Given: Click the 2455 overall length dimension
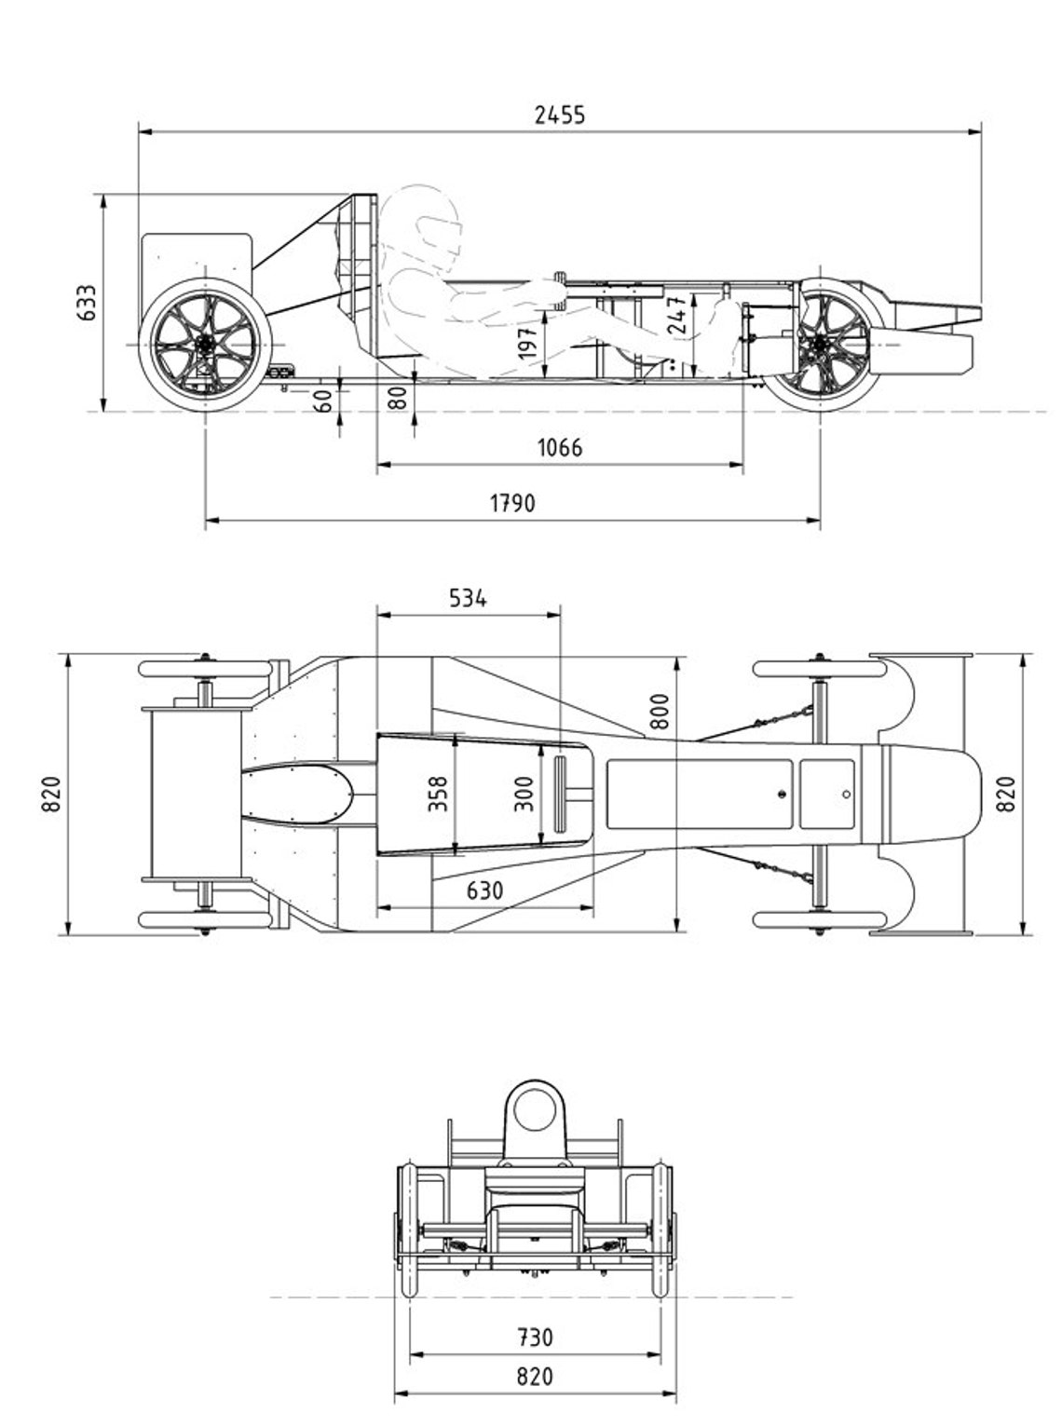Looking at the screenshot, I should [x=560, y=115].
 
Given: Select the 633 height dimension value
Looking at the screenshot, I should [x=87, y=303].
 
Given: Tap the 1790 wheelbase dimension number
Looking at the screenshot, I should [x=512, y=503].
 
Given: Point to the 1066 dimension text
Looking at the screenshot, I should [x=560, y=448].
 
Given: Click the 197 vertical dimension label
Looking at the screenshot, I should [x=528, y=344].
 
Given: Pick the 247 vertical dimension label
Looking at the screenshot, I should [x=679, y=315].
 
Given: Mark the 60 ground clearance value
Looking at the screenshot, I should [x=322, y=401].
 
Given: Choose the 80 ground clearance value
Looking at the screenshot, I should [x=397, y=399].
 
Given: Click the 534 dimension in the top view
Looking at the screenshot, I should [x=468, y=598].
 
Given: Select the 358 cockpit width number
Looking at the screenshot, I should [x=439, y=794].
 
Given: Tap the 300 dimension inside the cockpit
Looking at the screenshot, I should [x=524, y=794].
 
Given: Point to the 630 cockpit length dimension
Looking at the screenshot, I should [x=484, y=891].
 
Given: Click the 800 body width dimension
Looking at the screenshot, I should [x=660, y=713].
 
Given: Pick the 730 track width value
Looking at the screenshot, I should [x=535, y=1338].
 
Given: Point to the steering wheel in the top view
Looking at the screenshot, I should [x=562, y=794].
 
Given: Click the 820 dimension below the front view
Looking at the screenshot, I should [x=535, y=1377].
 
